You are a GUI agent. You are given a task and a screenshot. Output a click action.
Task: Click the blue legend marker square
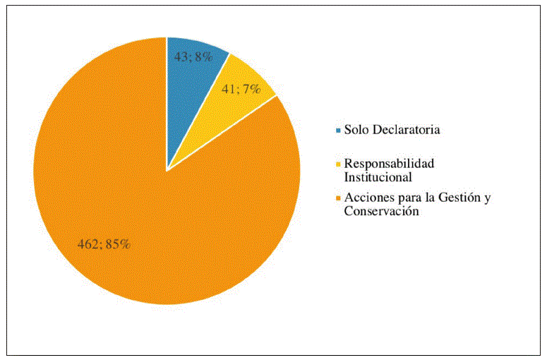338,130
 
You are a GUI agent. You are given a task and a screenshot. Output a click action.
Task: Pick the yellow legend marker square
338,164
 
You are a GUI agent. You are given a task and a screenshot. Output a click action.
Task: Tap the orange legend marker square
338,198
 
